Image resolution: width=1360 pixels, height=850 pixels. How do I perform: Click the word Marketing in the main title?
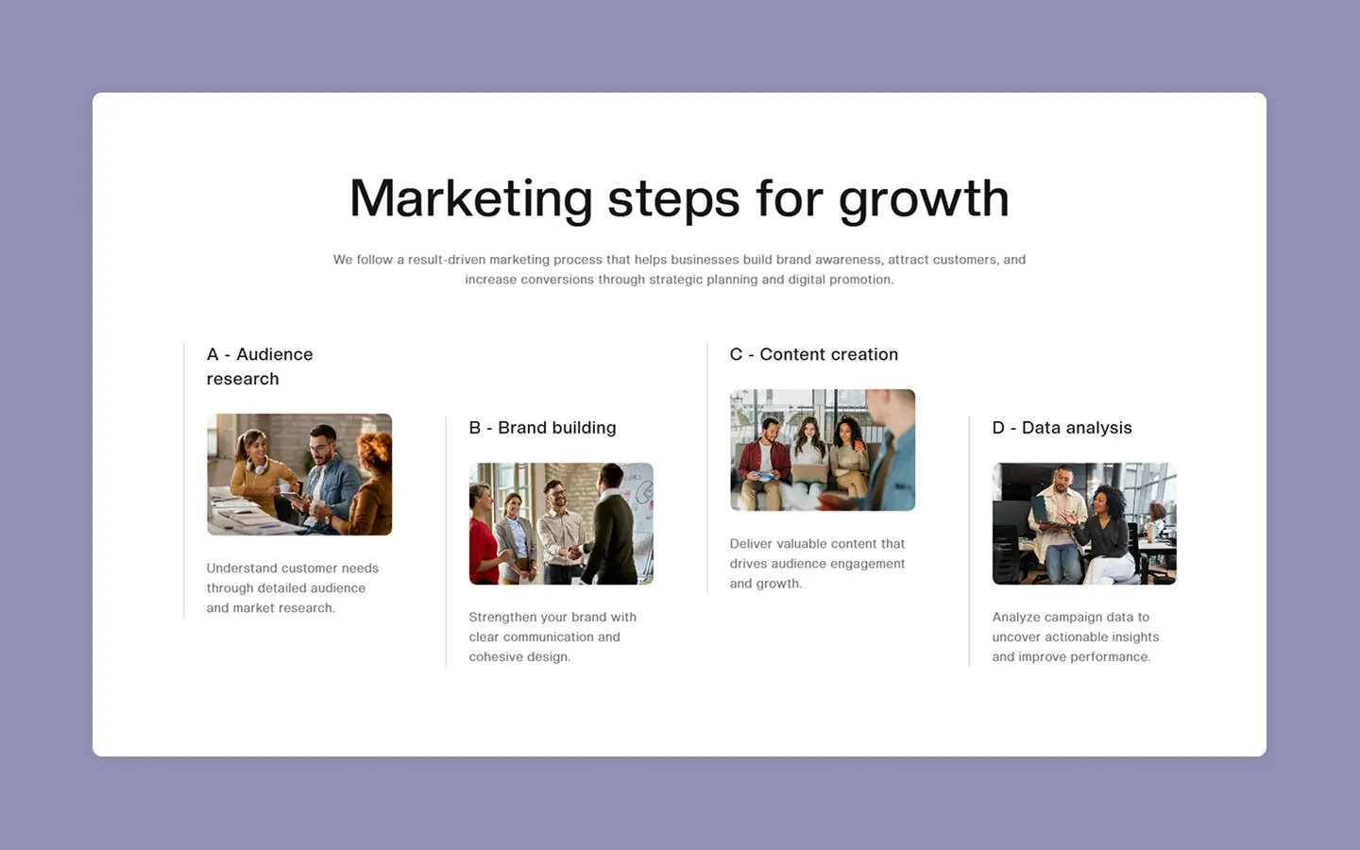pyautogui.click(x=470, y=198)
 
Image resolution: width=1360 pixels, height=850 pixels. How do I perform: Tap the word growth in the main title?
pyautogui.click(x=924, y=198)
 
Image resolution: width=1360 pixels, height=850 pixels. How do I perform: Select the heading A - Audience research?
pyautogui.click(x=260, y=366)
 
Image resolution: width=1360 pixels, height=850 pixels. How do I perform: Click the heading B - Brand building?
pyautogui.click(x=542, y=428)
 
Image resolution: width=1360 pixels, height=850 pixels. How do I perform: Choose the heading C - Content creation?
pyautogui.click(x=813, y=354)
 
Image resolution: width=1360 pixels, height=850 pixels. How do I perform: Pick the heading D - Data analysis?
pyautogui.click(x=1062, y=428)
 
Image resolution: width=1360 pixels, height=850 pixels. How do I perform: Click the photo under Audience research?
pyautogui.click(x=299, y=474)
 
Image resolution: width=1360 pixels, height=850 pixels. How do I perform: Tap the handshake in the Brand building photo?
pyautogui.click(x=574, y=552)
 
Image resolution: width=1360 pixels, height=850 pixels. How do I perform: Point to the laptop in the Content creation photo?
pyautogui.click(x=809, y=473)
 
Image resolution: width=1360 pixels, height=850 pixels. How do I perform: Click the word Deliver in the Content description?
pyautogui.click(x=751, y=543)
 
